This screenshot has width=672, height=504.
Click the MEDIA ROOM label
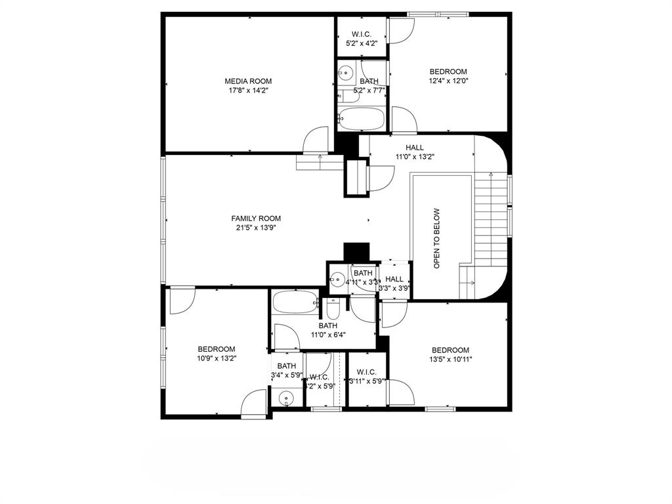pyautogui.click(x=248, y=81)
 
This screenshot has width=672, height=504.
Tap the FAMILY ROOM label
pyautogui.click(x=256, y=219)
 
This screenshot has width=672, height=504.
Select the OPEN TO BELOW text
pyautogui.click(x=437, y=239)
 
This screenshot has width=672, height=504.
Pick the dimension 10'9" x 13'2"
pyautogui.click(x=217, y=358)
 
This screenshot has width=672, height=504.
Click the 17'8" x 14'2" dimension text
pyautogui.click(x=248, y=91)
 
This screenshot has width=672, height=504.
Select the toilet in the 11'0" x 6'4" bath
pyautogui.click(x=333, y=308)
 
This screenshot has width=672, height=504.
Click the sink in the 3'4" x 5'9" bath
pyautogui.click(x=286, y=398)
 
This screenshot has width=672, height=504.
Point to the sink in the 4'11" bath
pyautogui.click(x=337, y=278)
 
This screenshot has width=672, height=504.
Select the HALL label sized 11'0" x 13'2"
pyautogui.click(x=415, y=148)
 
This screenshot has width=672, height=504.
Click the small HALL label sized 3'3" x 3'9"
pyautogui.click(x=395, y=279)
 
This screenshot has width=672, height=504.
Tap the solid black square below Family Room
pyautogui.click(x=357, y=252)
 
